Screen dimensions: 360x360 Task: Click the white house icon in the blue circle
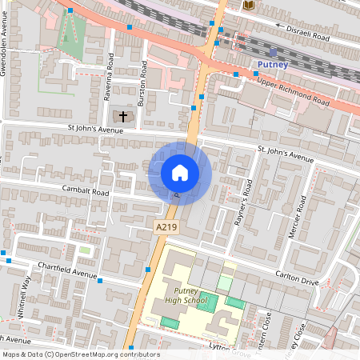180,172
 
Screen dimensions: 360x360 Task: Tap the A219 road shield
166,228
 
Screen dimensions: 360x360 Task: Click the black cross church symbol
123,117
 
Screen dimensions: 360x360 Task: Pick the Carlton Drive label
297,280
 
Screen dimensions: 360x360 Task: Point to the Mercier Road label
297,217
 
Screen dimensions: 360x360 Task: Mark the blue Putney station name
272,64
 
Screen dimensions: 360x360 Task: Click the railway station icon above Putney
273,51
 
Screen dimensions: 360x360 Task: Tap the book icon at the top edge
247,5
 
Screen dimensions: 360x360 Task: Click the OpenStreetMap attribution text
80,354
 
